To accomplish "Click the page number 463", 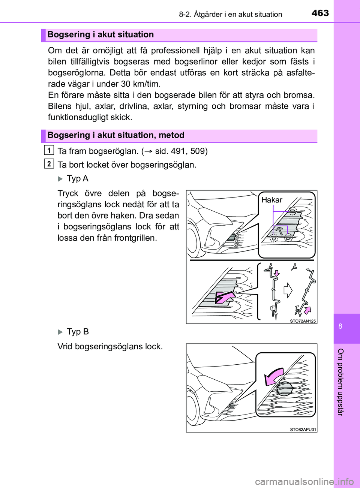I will coord(320,13).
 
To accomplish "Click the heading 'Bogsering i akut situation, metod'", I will coord(116,135).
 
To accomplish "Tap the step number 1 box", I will coord(49,150).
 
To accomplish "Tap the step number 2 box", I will coord(49,164).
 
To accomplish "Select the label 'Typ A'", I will coord(77,178).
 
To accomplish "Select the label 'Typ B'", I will coord(77,332).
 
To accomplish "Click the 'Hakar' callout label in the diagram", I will coord(271,200).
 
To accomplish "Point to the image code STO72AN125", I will coord(303,321).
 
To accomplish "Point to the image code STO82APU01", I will coord(303,430).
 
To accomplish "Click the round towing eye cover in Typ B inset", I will coord(284,388).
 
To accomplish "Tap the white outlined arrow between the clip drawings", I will coord(288,290).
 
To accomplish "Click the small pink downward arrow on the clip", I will coord(277,272).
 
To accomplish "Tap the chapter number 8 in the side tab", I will coord(340,326).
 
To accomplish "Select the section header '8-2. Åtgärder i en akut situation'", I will coord(230,14).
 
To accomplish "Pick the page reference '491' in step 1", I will coord(178,151).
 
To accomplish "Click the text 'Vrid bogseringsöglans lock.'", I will coord(110,346).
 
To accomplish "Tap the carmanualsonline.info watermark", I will coord(304,481).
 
